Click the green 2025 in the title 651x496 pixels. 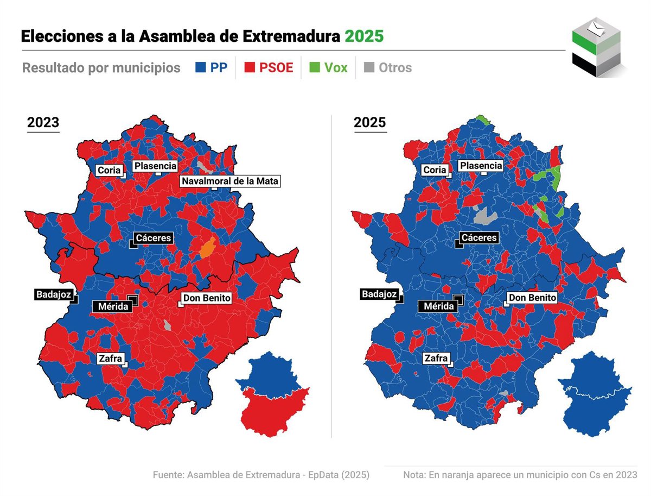[364, 36]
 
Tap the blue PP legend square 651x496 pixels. [200, 68]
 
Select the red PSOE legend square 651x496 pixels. [250, 68]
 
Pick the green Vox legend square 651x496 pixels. [315, 68]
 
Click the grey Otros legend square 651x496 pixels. [369, 68]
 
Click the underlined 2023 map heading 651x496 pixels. [43, 123]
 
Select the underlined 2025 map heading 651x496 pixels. [369, 123]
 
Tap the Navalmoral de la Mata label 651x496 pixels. [230, 181]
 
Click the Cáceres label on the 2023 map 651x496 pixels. [153, 238]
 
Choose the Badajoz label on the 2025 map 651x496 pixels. [380, 294]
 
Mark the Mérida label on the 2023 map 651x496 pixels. [113, 307]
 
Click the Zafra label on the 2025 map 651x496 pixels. [436, 359]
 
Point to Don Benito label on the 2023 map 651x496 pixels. [207, 298]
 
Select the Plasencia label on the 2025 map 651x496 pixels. [481, 166]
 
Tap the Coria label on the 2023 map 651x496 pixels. [108, 170]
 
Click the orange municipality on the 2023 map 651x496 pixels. [208, 248]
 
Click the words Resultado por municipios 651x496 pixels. [101, 68]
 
